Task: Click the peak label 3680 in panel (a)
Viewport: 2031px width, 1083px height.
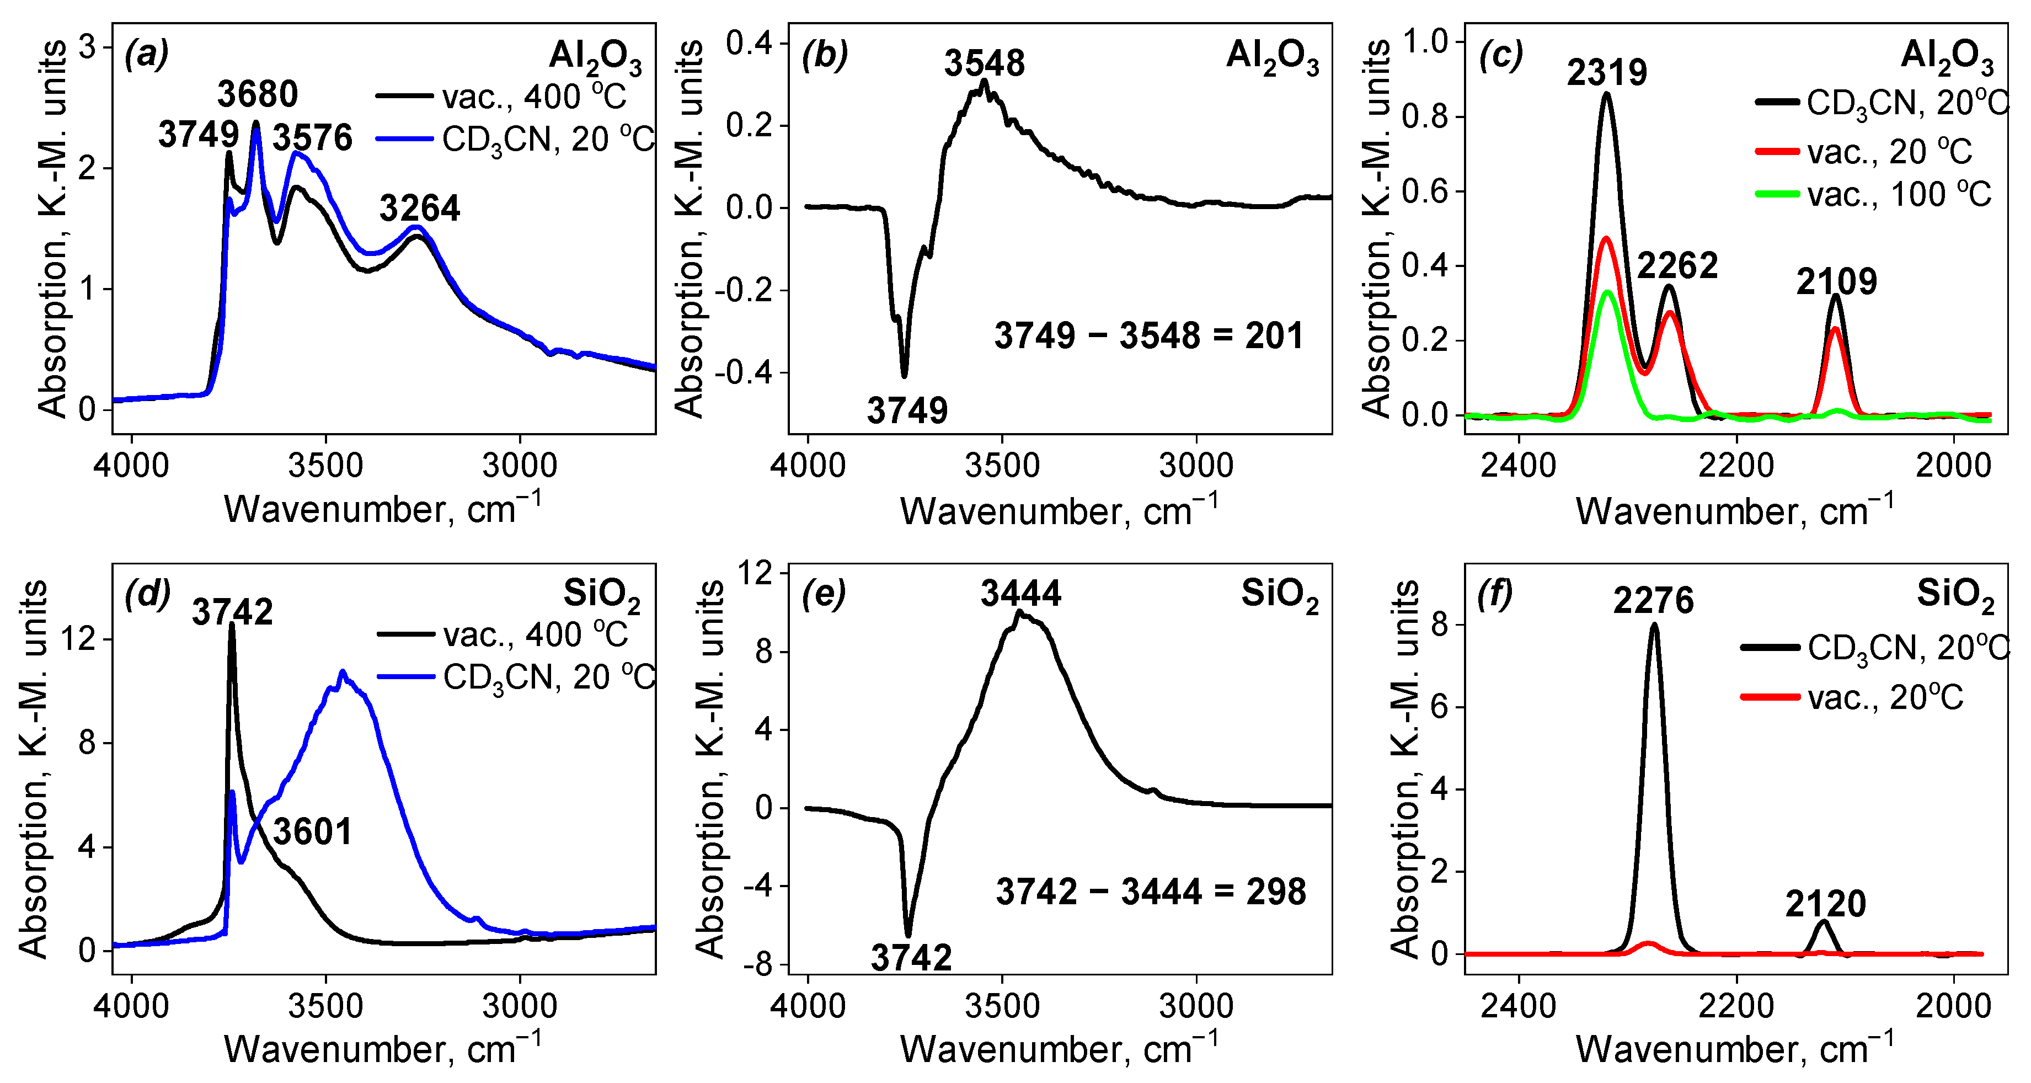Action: (x=258, y=95)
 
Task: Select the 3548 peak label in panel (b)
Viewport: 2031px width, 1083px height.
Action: (x=985, y=63)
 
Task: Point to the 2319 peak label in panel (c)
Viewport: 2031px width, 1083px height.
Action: (x=1607, y=73)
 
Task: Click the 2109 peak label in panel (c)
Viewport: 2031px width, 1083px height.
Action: (x=1836, y=281)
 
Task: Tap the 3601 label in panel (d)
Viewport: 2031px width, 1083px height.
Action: (x=312, y=832)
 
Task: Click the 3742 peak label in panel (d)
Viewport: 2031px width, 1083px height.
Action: (x=233, y=612)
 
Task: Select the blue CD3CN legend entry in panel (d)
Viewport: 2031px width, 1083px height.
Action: (x=516, y=677)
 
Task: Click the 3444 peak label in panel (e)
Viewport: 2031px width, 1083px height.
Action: (x=1021, y=593)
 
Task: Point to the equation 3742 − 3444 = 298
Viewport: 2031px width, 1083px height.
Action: (x=1150, y=892)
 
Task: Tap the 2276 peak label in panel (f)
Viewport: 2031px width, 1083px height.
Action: (x=1653, y=601)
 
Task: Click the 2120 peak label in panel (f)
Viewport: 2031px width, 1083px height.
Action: (x=1826, y=904)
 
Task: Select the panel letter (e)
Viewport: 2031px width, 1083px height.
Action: (x=825, y=594)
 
